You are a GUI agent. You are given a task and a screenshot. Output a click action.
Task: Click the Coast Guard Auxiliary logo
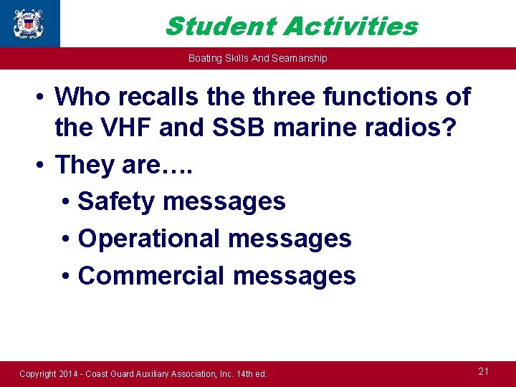[28, 24]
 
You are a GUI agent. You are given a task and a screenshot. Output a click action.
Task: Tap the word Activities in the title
[350, 27]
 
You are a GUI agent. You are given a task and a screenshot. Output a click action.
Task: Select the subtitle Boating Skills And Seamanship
[257, 58]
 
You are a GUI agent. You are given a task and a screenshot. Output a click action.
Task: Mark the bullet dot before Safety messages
[66, 203]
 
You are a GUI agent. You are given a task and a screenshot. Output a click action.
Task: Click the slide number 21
[483, 371]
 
